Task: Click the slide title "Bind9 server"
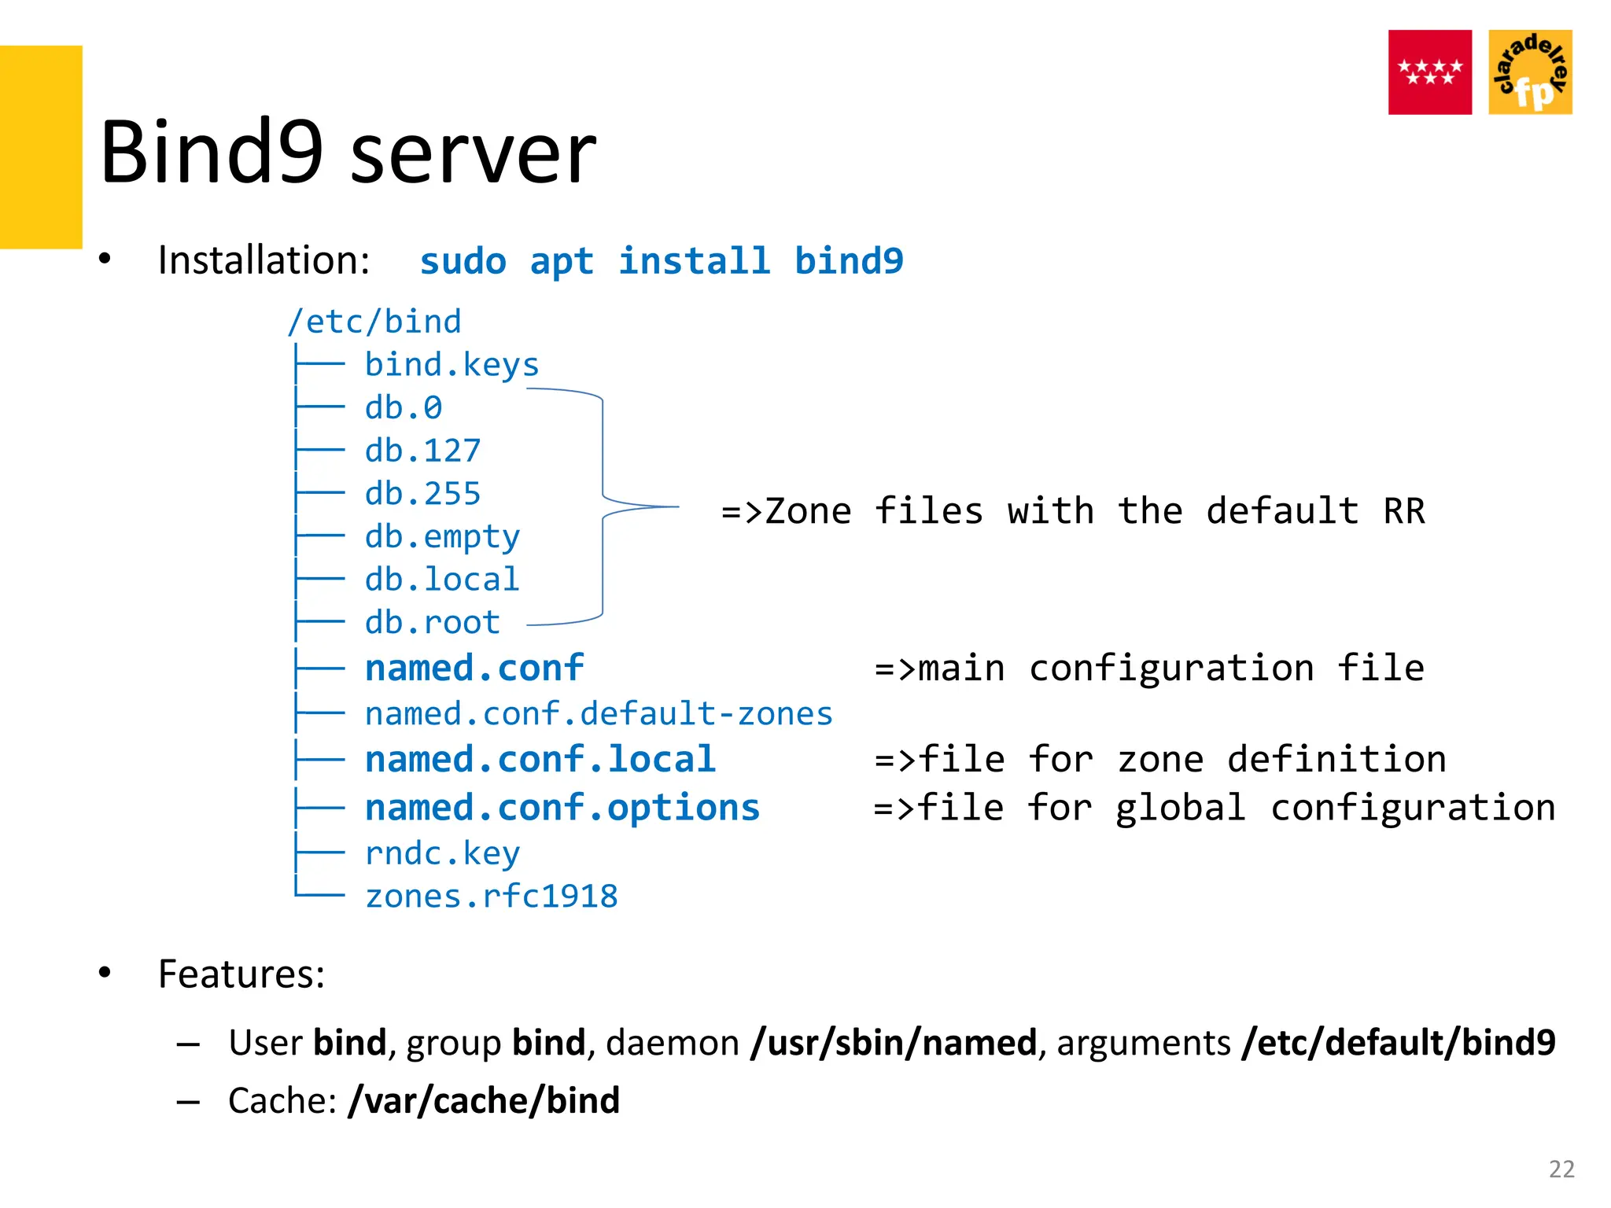[348, 151]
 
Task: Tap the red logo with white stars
[1429, 72]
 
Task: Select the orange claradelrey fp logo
[1530, 72]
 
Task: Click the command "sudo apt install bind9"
[662, 261]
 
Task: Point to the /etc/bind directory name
[374, 322]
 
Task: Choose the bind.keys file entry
[452, 365]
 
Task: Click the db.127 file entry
[422, 451]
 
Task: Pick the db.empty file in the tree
[442, 537]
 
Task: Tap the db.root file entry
[433, 623]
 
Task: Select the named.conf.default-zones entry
[599, 714]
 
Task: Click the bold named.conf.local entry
[540, 760]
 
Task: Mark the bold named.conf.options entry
[562, 808]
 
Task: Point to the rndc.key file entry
[442, 853]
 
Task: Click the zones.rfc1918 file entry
[492, 897]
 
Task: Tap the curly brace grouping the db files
[603, 506]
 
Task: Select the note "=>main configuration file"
[1149, 668]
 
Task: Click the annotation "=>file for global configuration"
[1215, 808]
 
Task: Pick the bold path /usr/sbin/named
[894, 1043]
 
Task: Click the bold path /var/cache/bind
[485, 1100]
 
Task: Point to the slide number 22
[1561, 1169]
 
